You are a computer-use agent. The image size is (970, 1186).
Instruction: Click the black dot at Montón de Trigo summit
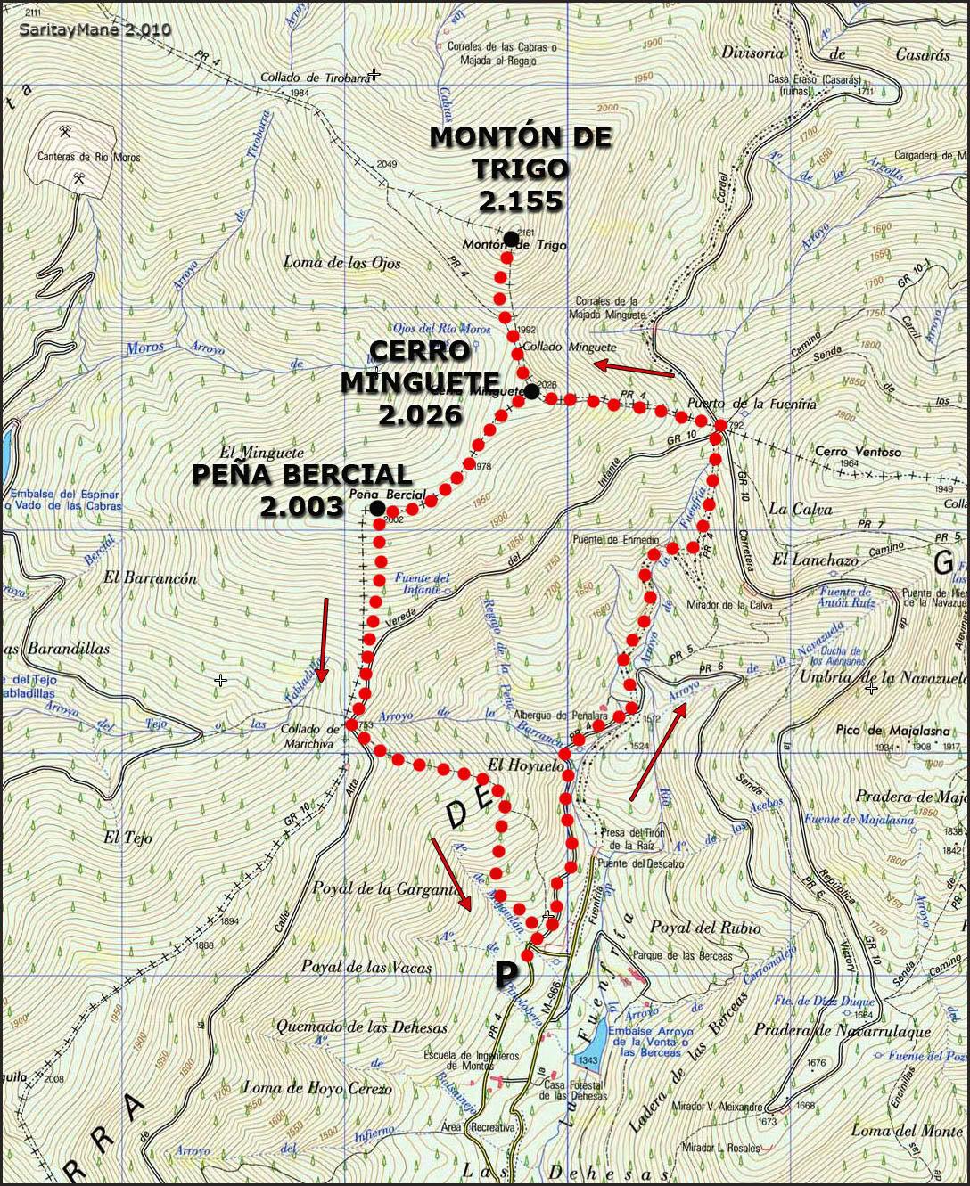[x=510, y=237]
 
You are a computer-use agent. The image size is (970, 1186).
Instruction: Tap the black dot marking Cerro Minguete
[x=531, y=391]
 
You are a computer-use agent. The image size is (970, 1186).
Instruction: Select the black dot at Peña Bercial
[x=377, y=508]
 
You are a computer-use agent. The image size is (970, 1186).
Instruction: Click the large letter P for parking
[x=506, y=975]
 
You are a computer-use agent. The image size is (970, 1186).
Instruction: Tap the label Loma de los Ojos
[x=341, y=262]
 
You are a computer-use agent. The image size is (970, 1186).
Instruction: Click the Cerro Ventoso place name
[x=858, y=452]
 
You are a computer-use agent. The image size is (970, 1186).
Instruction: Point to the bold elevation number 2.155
[x=520, y=200]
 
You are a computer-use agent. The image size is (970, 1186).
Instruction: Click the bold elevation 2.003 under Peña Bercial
[x=301, y=506]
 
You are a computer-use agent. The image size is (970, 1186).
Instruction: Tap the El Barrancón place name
[x=150, y=577]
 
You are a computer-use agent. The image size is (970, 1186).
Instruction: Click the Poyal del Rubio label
[x=705, y=928]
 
